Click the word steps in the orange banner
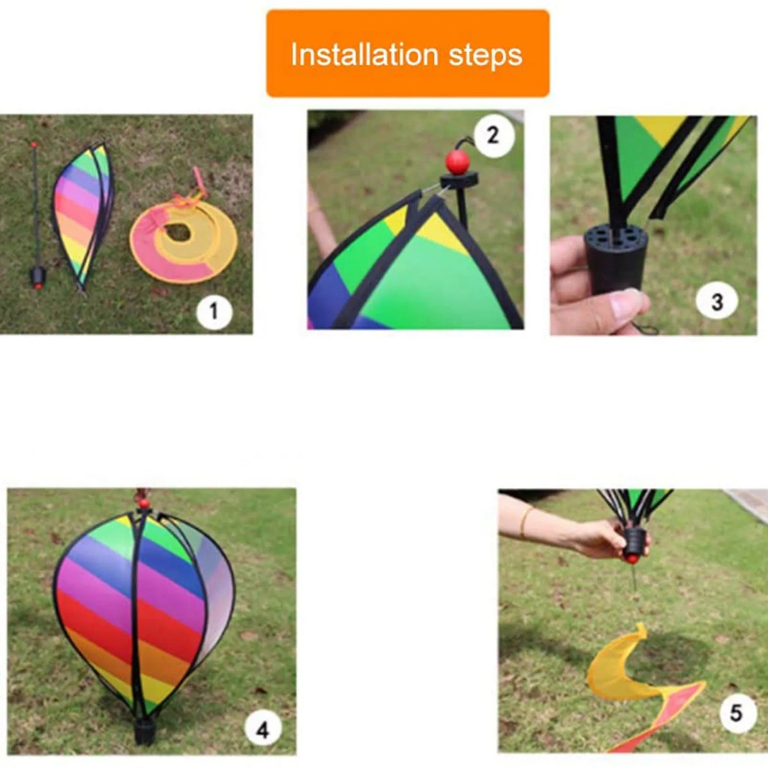click(x=485, y=55)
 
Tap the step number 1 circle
click(x=214, y=311)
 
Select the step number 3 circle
click(x=717, y=301)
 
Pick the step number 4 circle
click(x=263, y=730)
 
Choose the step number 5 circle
click(x=736, y=712)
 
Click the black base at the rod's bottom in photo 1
click(x=37, y=276)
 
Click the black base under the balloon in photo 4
click(x=144, y=731)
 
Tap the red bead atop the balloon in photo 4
click(x=142, y=502)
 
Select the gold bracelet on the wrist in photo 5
click(x=525, y=522)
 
